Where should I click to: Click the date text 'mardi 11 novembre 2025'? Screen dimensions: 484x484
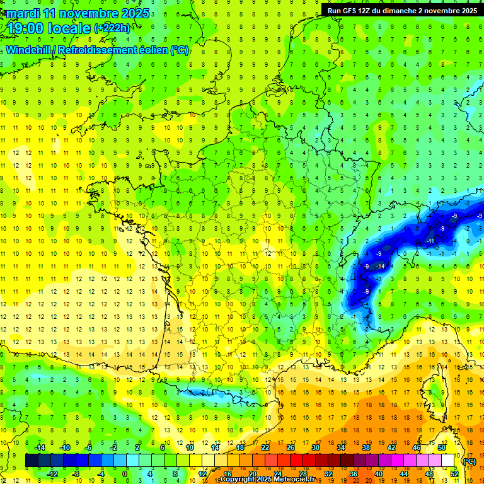click(76, 13)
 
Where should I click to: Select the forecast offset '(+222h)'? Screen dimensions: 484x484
click(112, 28)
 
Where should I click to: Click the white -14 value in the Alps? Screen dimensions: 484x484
click(380, 267)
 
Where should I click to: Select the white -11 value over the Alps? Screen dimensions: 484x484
click(430, 241)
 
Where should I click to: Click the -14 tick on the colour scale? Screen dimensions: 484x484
click(39, 447)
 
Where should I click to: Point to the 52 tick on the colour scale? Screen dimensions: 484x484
click(454, 474)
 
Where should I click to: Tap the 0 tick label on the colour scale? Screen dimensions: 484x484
click(125, 474)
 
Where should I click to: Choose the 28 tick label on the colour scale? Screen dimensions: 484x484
click(303, 474)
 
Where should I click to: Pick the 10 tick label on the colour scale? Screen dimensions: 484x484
click(190, 447)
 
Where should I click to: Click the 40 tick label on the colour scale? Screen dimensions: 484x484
click(379, 474)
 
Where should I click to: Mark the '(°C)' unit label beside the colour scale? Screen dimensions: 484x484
click(470, 461)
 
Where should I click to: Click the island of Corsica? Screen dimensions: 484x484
click(433, 391)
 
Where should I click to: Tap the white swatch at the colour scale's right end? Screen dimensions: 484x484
click(448, 461)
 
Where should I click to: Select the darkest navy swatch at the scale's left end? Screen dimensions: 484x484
click(32, 461)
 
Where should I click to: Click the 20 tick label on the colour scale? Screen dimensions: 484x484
click(252, 474)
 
